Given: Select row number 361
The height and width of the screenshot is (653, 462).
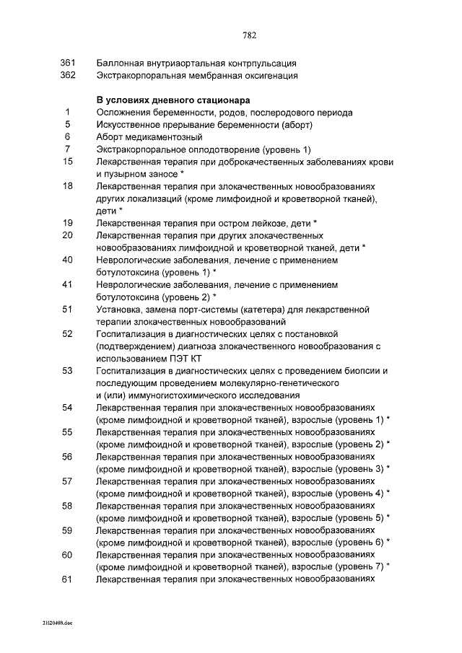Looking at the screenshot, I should (68, 63).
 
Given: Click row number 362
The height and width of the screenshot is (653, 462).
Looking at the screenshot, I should (68, 75).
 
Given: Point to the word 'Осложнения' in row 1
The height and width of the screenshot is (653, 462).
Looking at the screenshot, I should (123, 113).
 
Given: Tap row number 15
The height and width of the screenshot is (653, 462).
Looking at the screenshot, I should (68, 162).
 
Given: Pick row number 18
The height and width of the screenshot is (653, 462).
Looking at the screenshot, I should (68, 185).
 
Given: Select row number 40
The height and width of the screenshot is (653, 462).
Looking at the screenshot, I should (68, 260).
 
